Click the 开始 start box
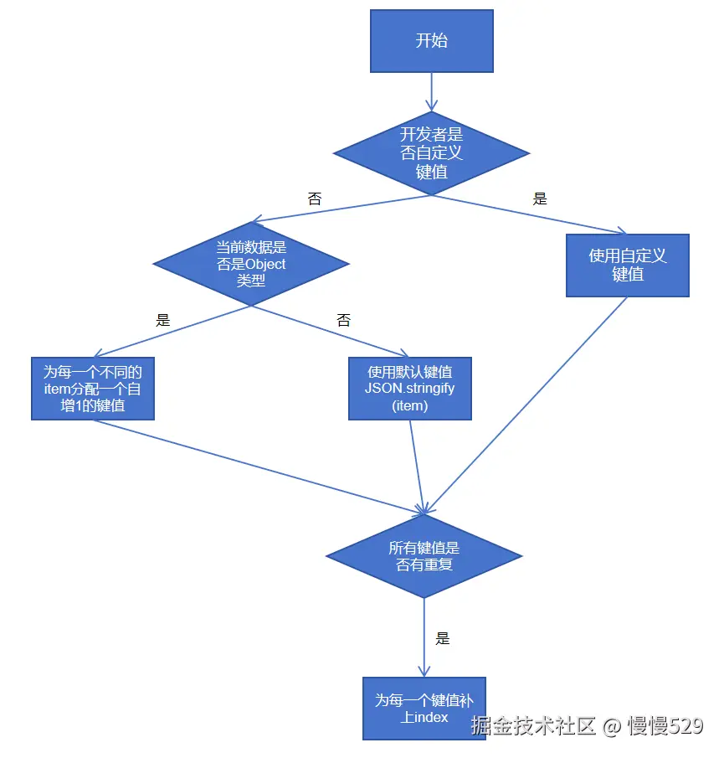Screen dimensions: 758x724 pyautogui.click(x=431, y=41)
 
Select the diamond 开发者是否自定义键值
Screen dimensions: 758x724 pyautogui.click(x=431, y=152)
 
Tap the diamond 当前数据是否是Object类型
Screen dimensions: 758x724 pyautogui.click(x=250, y=263)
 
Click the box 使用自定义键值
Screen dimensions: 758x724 pyautogui.click(x=627, y=265)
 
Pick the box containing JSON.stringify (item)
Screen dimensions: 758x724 pyautogui.click(x=410, y=389)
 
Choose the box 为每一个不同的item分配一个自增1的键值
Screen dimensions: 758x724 pyautogui.click(x=92, y=389)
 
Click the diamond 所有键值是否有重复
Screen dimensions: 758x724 pyautogui.click(x=424, y=556)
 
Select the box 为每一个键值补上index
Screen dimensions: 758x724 pyautogui.click(x=424, y=709)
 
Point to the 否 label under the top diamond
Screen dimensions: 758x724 pyautogui.click(x=315, y=199)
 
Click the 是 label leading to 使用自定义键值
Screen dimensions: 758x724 pyautogui.click(x=540, y=199)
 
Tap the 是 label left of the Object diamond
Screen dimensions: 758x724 pyautogui.click(x=163, y=320)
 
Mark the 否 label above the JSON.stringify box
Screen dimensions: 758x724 pyautogui.click(x=343, y=320)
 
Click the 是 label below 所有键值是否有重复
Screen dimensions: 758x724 pyautogui.click(x=443, y=638)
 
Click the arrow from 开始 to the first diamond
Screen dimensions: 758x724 pyautogui.click(x=431, y=90)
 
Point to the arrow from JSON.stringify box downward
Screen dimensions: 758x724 pyautogui.click(x=416, y=465)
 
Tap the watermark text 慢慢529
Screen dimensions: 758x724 pyautogui.click(x=665, y=725)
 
